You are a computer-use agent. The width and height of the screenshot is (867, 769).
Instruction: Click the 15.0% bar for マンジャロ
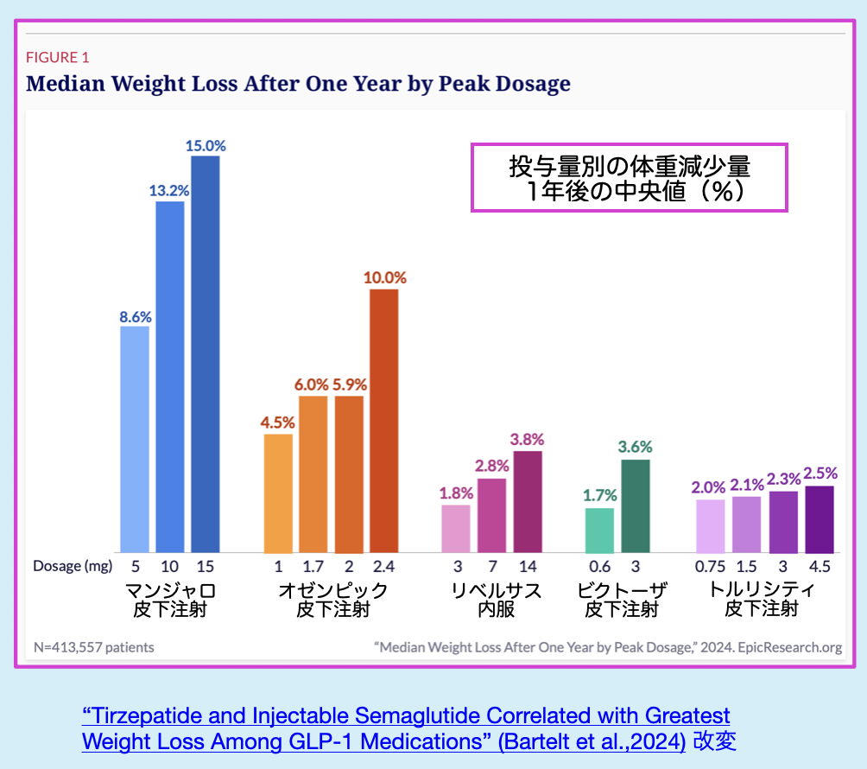[205, 354]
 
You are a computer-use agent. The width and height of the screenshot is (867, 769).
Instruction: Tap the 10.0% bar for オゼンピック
[384, 421]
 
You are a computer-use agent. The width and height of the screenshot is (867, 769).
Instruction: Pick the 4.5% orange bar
[278, 493]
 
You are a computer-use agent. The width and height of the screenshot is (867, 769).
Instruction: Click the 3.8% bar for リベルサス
[527, 502]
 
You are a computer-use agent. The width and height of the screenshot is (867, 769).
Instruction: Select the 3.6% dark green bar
[635, 506]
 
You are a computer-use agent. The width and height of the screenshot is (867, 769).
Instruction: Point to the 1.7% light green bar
[599, 531]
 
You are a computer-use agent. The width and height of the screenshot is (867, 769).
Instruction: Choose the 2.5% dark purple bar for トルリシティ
[820, 519]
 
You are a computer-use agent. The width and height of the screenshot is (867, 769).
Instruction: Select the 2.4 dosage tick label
[384, 566]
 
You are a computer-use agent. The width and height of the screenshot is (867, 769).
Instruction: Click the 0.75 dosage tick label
[711, 566]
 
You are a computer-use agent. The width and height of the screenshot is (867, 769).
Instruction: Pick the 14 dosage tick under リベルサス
[527, 566]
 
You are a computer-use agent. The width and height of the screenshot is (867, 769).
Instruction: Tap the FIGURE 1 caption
[58, 58]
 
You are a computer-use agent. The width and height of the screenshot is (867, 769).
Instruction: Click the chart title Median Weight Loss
[298, 84]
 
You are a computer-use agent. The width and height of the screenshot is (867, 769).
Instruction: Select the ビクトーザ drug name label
[622, 591]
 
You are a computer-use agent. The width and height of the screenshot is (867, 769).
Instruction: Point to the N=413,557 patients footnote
[94, 646]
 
